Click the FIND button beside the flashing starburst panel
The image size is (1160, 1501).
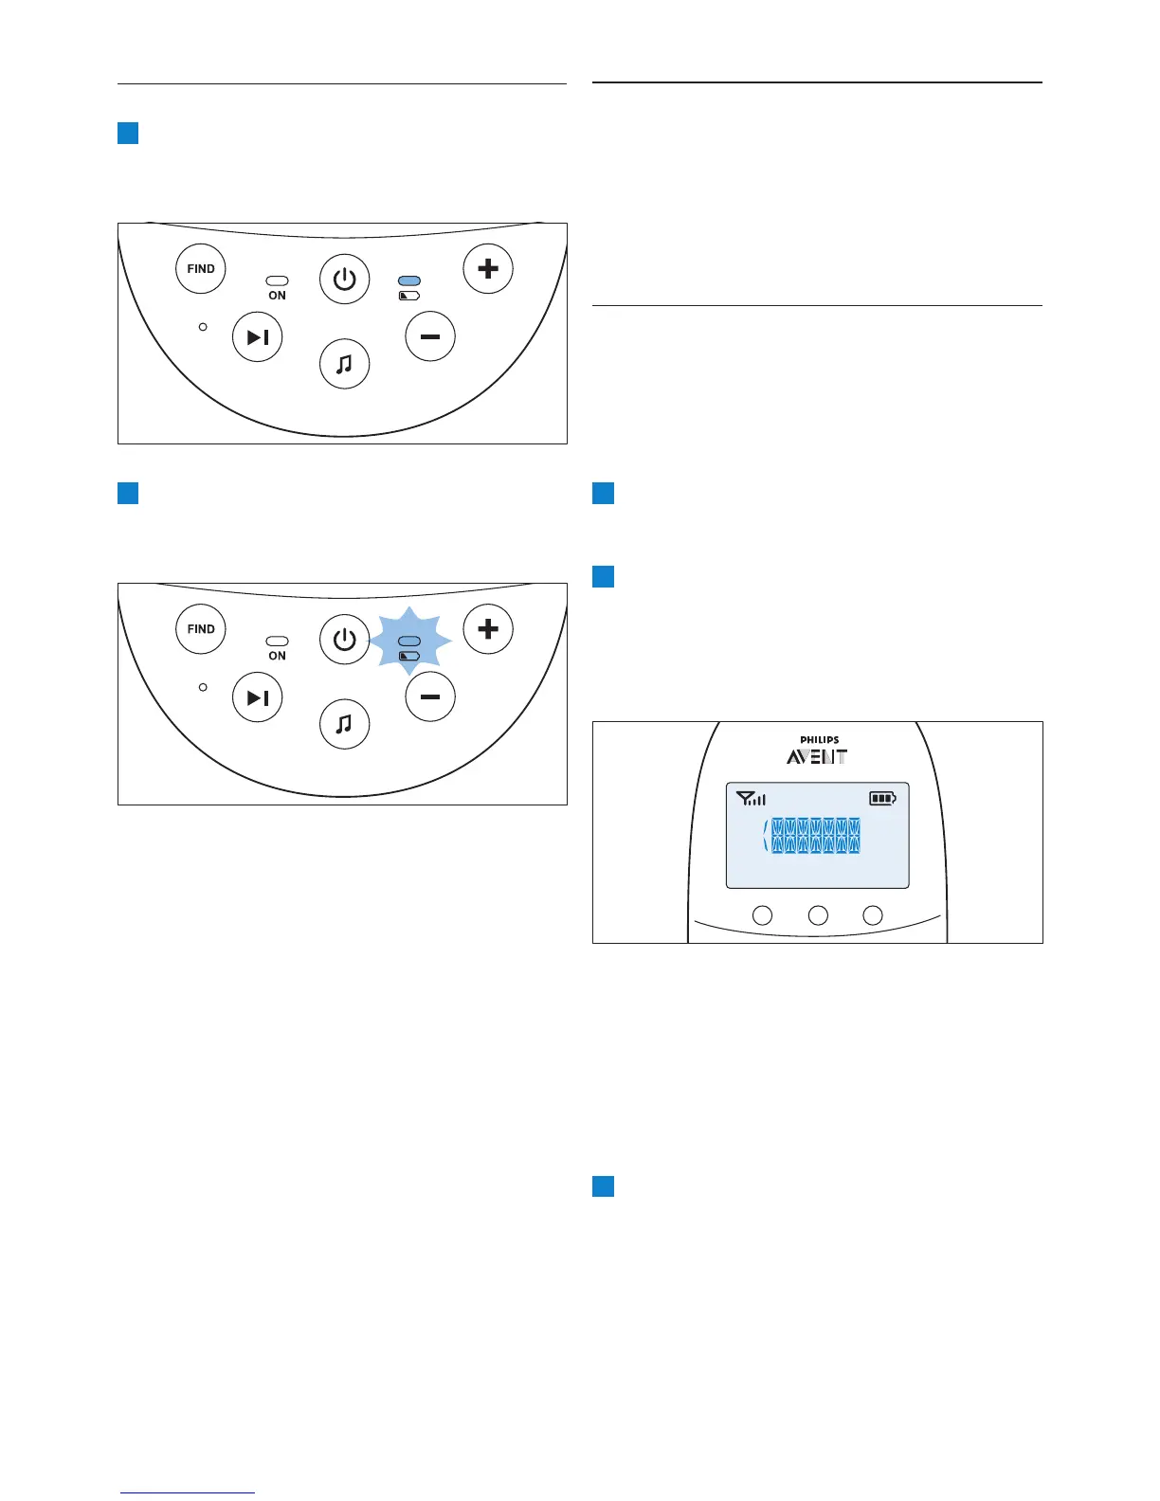pyautogui.click(x=201, y=628)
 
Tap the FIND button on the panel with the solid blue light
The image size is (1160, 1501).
pyautogui.click(x=201, y=268)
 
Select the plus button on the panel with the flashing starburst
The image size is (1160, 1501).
pyautogui.click(x=488, y=628)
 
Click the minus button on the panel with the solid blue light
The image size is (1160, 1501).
pyautogui.click(x=430, y=336)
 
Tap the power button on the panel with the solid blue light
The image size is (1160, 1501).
pyautogui.click(x=344, y=280)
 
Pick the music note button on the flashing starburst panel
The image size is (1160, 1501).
pyautogui.click(x=344, y=724)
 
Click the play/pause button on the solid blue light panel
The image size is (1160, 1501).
pyautogui.click(x=258, y=337)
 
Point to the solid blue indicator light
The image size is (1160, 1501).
pyautogui.click(x=409, y=281)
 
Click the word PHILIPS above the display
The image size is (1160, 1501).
pyautogui.click(x=819, y=740)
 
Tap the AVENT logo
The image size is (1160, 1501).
pyautogui.click(x=816, y=757)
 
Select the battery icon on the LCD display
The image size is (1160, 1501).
pyautogui.click(x=882, y=799)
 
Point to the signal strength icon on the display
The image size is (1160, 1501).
pyautogui.click(x=751, y=799)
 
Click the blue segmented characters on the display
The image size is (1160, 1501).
pyautogui.click(x=815, y=836)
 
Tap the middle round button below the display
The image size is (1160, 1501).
pyautogui.click(x=818, y=915)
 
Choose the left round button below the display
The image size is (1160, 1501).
pyautogui.click(x=762, y=915)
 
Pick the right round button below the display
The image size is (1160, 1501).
pyautogui.click(x=873, y=915)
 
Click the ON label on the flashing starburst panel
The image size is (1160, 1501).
pyautogui.click(x=277, y=656)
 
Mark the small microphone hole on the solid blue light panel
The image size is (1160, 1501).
pyautogui.click(x=203, y=327)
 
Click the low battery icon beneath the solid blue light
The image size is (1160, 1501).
pyautogui.click(x=409, y=296)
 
